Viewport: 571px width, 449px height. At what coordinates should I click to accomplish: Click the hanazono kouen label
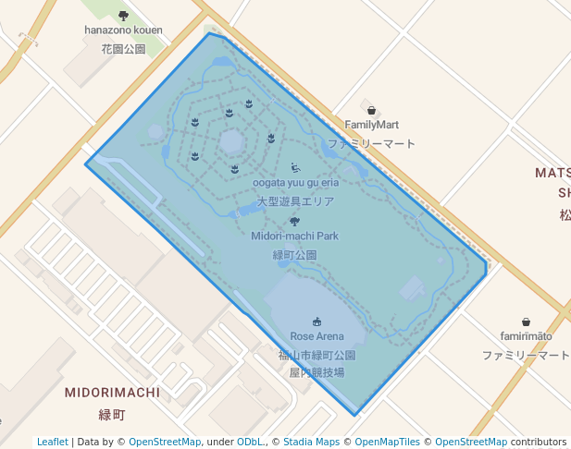point(123,30)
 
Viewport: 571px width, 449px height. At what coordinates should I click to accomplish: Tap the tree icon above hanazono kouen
point(123,15)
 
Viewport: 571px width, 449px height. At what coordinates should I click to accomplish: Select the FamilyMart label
point(371,125)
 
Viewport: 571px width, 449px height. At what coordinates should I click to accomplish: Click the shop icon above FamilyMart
point(371,110)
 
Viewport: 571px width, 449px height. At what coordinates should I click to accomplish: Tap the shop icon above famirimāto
point(526,322)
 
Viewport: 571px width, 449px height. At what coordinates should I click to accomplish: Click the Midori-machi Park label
point(294,236)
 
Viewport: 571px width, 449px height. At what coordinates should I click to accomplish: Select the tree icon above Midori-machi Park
point(294,221)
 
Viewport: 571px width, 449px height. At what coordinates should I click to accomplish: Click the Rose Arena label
point(317,336)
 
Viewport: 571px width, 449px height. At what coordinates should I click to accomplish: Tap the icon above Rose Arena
point(317,322)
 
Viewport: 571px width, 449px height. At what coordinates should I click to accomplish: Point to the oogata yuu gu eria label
point(295,182)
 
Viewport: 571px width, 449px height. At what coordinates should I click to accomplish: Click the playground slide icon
point(295,167)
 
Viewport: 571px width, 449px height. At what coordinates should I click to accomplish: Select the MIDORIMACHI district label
point(112,393)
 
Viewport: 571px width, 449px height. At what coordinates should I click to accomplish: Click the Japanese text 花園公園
point(123,48)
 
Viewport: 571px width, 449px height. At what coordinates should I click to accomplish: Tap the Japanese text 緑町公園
point(294,254)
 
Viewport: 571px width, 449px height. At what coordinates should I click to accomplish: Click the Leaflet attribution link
point(53,442)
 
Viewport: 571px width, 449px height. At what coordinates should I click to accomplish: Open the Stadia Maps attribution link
point(311,442)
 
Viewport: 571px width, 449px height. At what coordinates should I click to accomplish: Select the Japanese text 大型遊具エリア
point(295,200)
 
